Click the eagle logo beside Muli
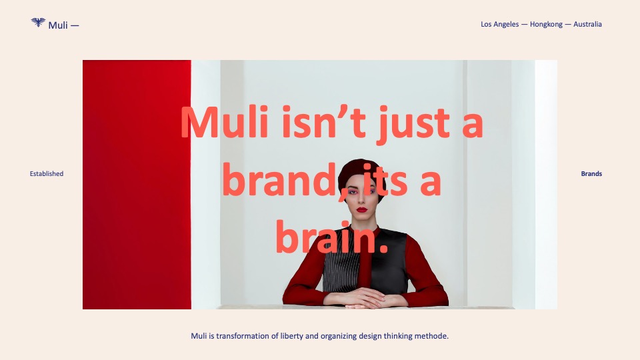click(38, 22)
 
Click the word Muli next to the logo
click(58, 25)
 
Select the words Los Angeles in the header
click(499, 24)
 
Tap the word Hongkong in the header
click(546, 24)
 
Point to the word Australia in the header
click(587, 24)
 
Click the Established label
click(47, 173)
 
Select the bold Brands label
click(591, 173)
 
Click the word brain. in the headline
click(331, 237)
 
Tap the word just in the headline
click(413, 123)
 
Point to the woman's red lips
click(362, 210)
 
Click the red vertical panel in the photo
click(137, 185)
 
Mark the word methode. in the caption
click(431, 336)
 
